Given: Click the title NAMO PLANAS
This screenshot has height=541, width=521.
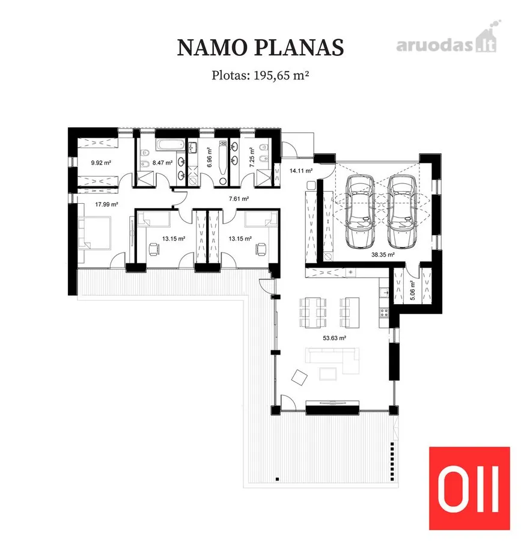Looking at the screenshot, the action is tap(260, 47).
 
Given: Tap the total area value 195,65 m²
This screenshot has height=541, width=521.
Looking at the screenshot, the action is tap(281, 75).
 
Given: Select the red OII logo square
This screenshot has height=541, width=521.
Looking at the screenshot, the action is tap(469, 488).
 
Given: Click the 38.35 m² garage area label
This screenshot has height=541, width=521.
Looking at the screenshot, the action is tap(383, 255).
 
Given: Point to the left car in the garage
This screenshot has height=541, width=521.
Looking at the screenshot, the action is tap(360, 212).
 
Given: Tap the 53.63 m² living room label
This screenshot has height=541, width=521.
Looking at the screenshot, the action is tap(335, 338).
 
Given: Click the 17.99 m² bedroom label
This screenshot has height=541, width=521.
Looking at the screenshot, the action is tap(106, 204).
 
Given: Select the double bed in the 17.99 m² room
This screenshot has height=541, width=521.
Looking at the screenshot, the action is tap(94, 233).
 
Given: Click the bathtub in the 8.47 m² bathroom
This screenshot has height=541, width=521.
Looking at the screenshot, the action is tap(171, 145).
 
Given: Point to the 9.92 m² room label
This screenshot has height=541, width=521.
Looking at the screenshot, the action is tap(101, 162).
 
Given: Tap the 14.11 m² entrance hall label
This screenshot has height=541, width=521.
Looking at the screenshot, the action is tap(301, 171).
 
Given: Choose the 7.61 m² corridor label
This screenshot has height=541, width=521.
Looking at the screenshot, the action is tap(239, 199).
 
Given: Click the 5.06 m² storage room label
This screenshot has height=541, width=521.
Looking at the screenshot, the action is tap(413, 290).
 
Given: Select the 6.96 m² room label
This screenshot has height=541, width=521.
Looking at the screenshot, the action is tap(209, 157).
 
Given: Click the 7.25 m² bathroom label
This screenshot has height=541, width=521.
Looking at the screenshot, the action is tap(252, 157).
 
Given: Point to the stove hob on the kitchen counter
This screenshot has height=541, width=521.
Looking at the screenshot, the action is tap(384, 313).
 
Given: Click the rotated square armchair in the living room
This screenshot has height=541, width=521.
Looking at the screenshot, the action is tap(299, 377).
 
